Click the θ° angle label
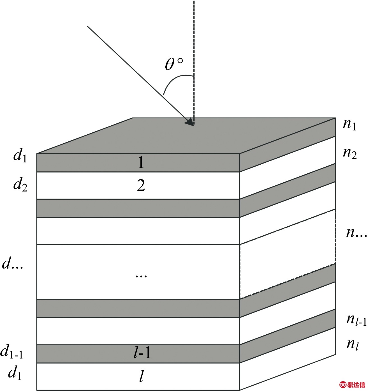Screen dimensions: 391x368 pos(173,64)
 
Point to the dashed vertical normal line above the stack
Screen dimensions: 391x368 pos(194,42)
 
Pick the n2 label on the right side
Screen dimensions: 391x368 pos(350,153)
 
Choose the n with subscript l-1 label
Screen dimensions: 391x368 pos(356,319)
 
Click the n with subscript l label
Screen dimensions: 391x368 pos(353,344)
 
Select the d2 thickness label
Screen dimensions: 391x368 pos(20,185)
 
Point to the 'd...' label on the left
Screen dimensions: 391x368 pos(13,264)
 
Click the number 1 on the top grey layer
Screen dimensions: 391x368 pos(141,162)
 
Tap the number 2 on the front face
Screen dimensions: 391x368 pos(141,185)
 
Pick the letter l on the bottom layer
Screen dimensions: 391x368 pos(142,376)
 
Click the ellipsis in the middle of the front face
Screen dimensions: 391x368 pos(141,276)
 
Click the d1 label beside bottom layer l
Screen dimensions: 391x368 pos(15,373)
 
